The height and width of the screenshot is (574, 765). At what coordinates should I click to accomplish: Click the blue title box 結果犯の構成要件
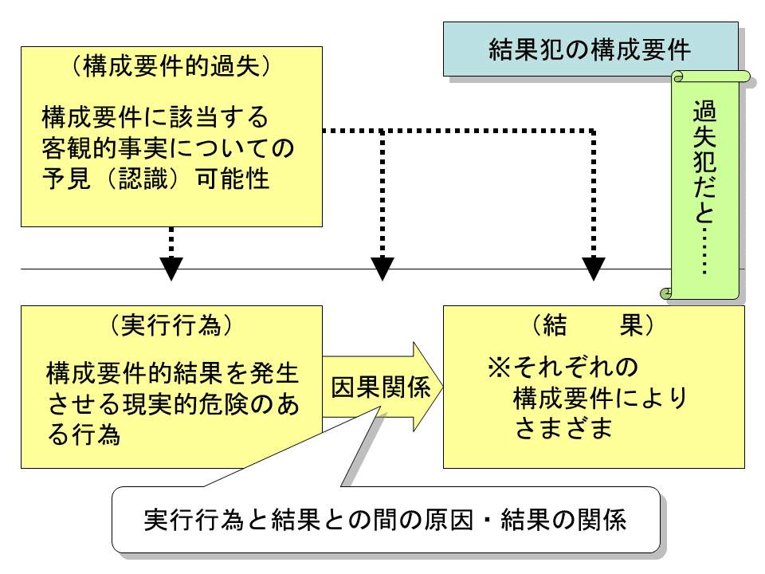(590, 49)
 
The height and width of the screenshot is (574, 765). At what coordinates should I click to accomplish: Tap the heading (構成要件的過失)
(171, 66)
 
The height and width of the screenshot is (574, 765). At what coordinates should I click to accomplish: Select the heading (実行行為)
(171, 324)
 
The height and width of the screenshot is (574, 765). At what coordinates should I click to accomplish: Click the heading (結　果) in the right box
(594, 325)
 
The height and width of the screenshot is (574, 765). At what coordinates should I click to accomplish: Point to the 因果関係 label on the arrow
(380, 387)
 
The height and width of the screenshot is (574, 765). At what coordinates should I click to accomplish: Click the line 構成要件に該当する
(155, 118)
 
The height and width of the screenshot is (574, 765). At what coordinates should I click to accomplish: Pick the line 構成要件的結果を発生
(172, 372)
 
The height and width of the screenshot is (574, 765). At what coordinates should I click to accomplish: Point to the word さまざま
(563, 428)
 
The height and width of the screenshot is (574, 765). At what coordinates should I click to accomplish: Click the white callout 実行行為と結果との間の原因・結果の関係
(386, 521)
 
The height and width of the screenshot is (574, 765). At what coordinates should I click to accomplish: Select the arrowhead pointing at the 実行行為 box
(171, 269)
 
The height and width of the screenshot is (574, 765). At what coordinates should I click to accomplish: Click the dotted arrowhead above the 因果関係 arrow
(382, 269)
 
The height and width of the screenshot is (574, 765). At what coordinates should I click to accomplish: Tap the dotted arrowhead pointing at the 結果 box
(594, 269)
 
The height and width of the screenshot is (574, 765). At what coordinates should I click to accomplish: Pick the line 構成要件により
(599, 397)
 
